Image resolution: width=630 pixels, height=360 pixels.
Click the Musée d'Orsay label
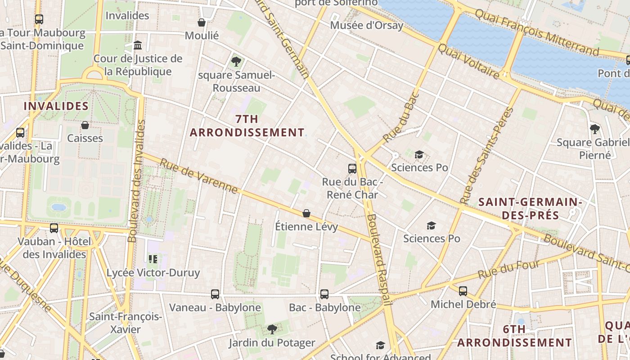click(x=367, y=25)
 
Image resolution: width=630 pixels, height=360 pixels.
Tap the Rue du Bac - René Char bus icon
click(x=352, y=169)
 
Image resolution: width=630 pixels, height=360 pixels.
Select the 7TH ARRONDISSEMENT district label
click(x=247, y=126)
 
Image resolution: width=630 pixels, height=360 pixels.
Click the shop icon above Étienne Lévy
click(x=306, y=213)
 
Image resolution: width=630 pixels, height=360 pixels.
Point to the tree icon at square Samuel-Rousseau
click(x=236, y=62)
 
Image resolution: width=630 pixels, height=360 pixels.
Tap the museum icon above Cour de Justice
click(x=138, y=45)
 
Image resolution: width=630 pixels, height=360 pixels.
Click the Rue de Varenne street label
click(x=198, y=176)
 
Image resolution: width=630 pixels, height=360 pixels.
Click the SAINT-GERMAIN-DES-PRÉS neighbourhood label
click(x=530, y=208)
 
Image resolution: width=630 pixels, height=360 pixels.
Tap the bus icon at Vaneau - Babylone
click(x=215, y=294)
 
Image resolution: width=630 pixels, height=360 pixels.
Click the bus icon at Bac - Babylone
click(x=324, y=294)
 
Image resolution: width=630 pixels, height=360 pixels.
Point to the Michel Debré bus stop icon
click(x=463, y=291)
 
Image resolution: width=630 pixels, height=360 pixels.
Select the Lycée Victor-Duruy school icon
click(x=153, y=259)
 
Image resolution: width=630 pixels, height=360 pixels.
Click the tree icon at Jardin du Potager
click(x=272, y=329)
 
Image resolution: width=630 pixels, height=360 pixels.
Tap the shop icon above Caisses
click(x=85, y=125)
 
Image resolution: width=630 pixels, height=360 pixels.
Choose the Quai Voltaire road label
click(x=468, y=61)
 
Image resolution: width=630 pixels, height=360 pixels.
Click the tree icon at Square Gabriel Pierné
click(x=595, y=129)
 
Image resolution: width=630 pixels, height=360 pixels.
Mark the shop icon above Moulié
click(x=202, y=22)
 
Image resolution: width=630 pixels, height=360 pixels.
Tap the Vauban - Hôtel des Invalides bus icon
click(x=54, y=228)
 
